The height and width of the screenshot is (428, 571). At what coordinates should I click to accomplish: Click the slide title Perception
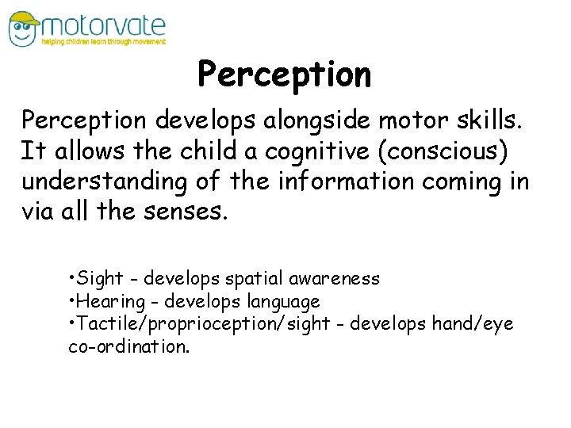click(284, 75)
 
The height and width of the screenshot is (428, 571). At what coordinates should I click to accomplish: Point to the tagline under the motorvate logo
click(104, 42)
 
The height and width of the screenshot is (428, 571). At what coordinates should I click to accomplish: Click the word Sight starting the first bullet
click(100, 279)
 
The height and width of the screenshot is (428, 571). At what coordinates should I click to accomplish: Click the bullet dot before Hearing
click(71, 301)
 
